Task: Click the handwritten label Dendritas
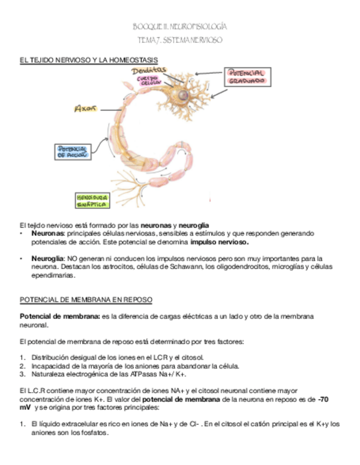[149, 70]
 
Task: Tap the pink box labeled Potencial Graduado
[246, 76]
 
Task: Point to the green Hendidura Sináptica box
[92, 200]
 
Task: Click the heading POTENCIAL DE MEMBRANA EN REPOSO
[86, 300]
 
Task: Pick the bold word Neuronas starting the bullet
[48, 233]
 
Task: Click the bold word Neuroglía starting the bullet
[48, 258]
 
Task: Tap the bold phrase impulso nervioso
[219, 242]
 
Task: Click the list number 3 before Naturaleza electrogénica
[22, 375]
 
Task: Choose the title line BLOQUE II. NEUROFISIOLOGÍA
[180, 26]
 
